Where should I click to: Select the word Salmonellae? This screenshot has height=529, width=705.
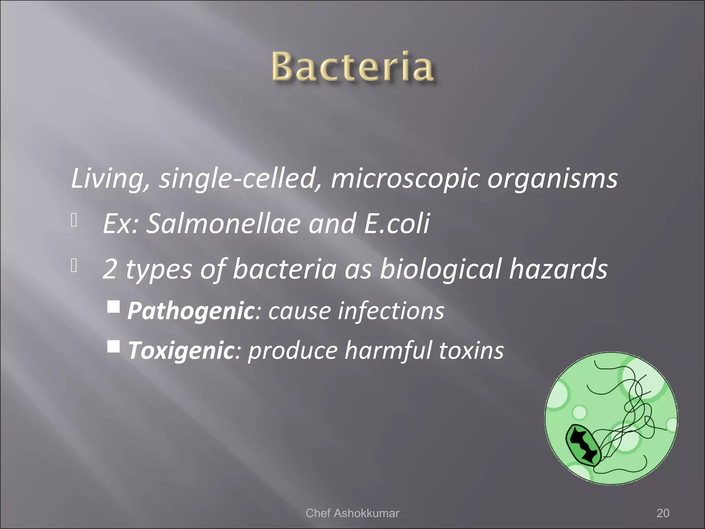(225, 223)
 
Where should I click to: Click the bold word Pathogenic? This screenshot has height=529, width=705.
(190, 311)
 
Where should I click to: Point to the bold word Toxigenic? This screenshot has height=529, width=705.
(181, 350)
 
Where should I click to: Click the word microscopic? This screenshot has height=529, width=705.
(405, 178)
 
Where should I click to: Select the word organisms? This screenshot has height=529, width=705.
(552, 178)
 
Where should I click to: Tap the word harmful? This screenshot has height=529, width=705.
(388, 350)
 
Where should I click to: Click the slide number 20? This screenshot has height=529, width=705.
(663, 513)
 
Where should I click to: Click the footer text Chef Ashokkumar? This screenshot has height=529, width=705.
(352, 513)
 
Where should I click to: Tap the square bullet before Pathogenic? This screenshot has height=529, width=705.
(113, 306)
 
